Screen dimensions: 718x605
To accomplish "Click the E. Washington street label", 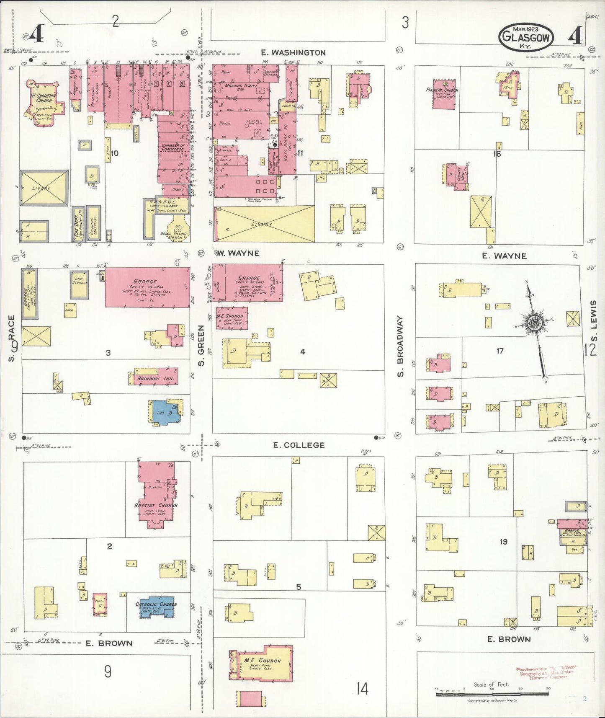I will pos(293,53).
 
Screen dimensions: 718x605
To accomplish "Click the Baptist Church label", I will pos(156,505).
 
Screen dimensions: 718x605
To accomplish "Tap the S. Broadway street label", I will pos(401,346).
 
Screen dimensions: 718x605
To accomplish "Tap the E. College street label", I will pos(299,445).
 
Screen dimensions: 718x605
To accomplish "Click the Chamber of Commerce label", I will pos(172,147).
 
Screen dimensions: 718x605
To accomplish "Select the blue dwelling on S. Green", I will pos(165,413).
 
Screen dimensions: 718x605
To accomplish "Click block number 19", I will pos(503,542).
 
